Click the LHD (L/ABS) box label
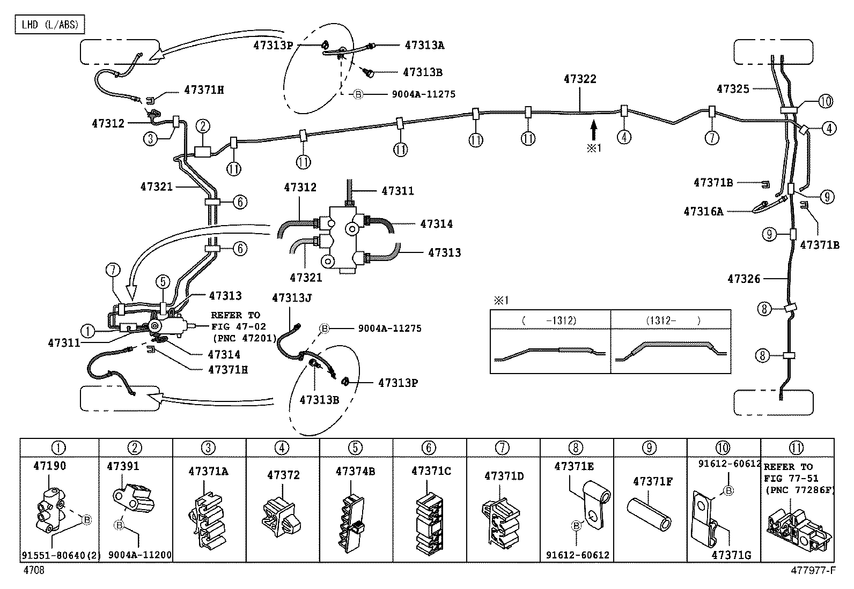pyautogui.click(x=49, y=25)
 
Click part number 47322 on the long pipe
pyautogui.click(x=580, y=79)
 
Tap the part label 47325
pyautogui.click(x=733, y=89)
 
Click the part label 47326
pyautogui.click(x=743, y=279)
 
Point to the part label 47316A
pyautogui.click(x=703, y=212)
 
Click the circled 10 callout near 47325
pyautogui.click(x=826, y=101)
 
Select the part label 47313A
pyautogui.click(x=424, y=46)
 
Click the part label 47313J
pyautogui.click(x=292, y=298)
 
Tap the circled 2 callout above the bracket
pyautogui.click(x=202, y=126)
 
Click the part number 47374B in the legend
pyautogui.click(x=355, y=471)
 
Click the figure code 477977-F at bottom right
pyautogui.click(x=813, y=571)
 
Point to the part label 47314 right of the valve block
pyautogui.click(x=436, y=224)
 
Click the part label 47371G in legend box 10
pyautogui.click(x=731, y=555)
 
